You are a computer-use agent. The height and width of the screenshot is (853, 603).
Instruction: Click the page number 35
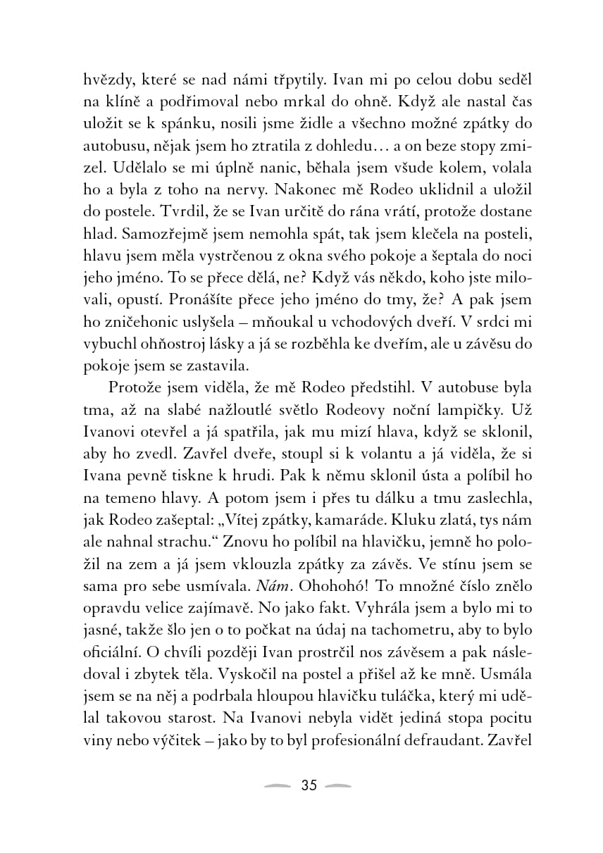(309, 785)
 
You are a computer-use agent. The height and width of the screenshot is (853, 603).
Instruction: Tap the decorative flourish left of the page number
(277, 786)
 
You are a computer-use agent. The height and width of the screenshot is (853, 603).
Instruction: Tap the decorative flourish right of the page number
(340, 786)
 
